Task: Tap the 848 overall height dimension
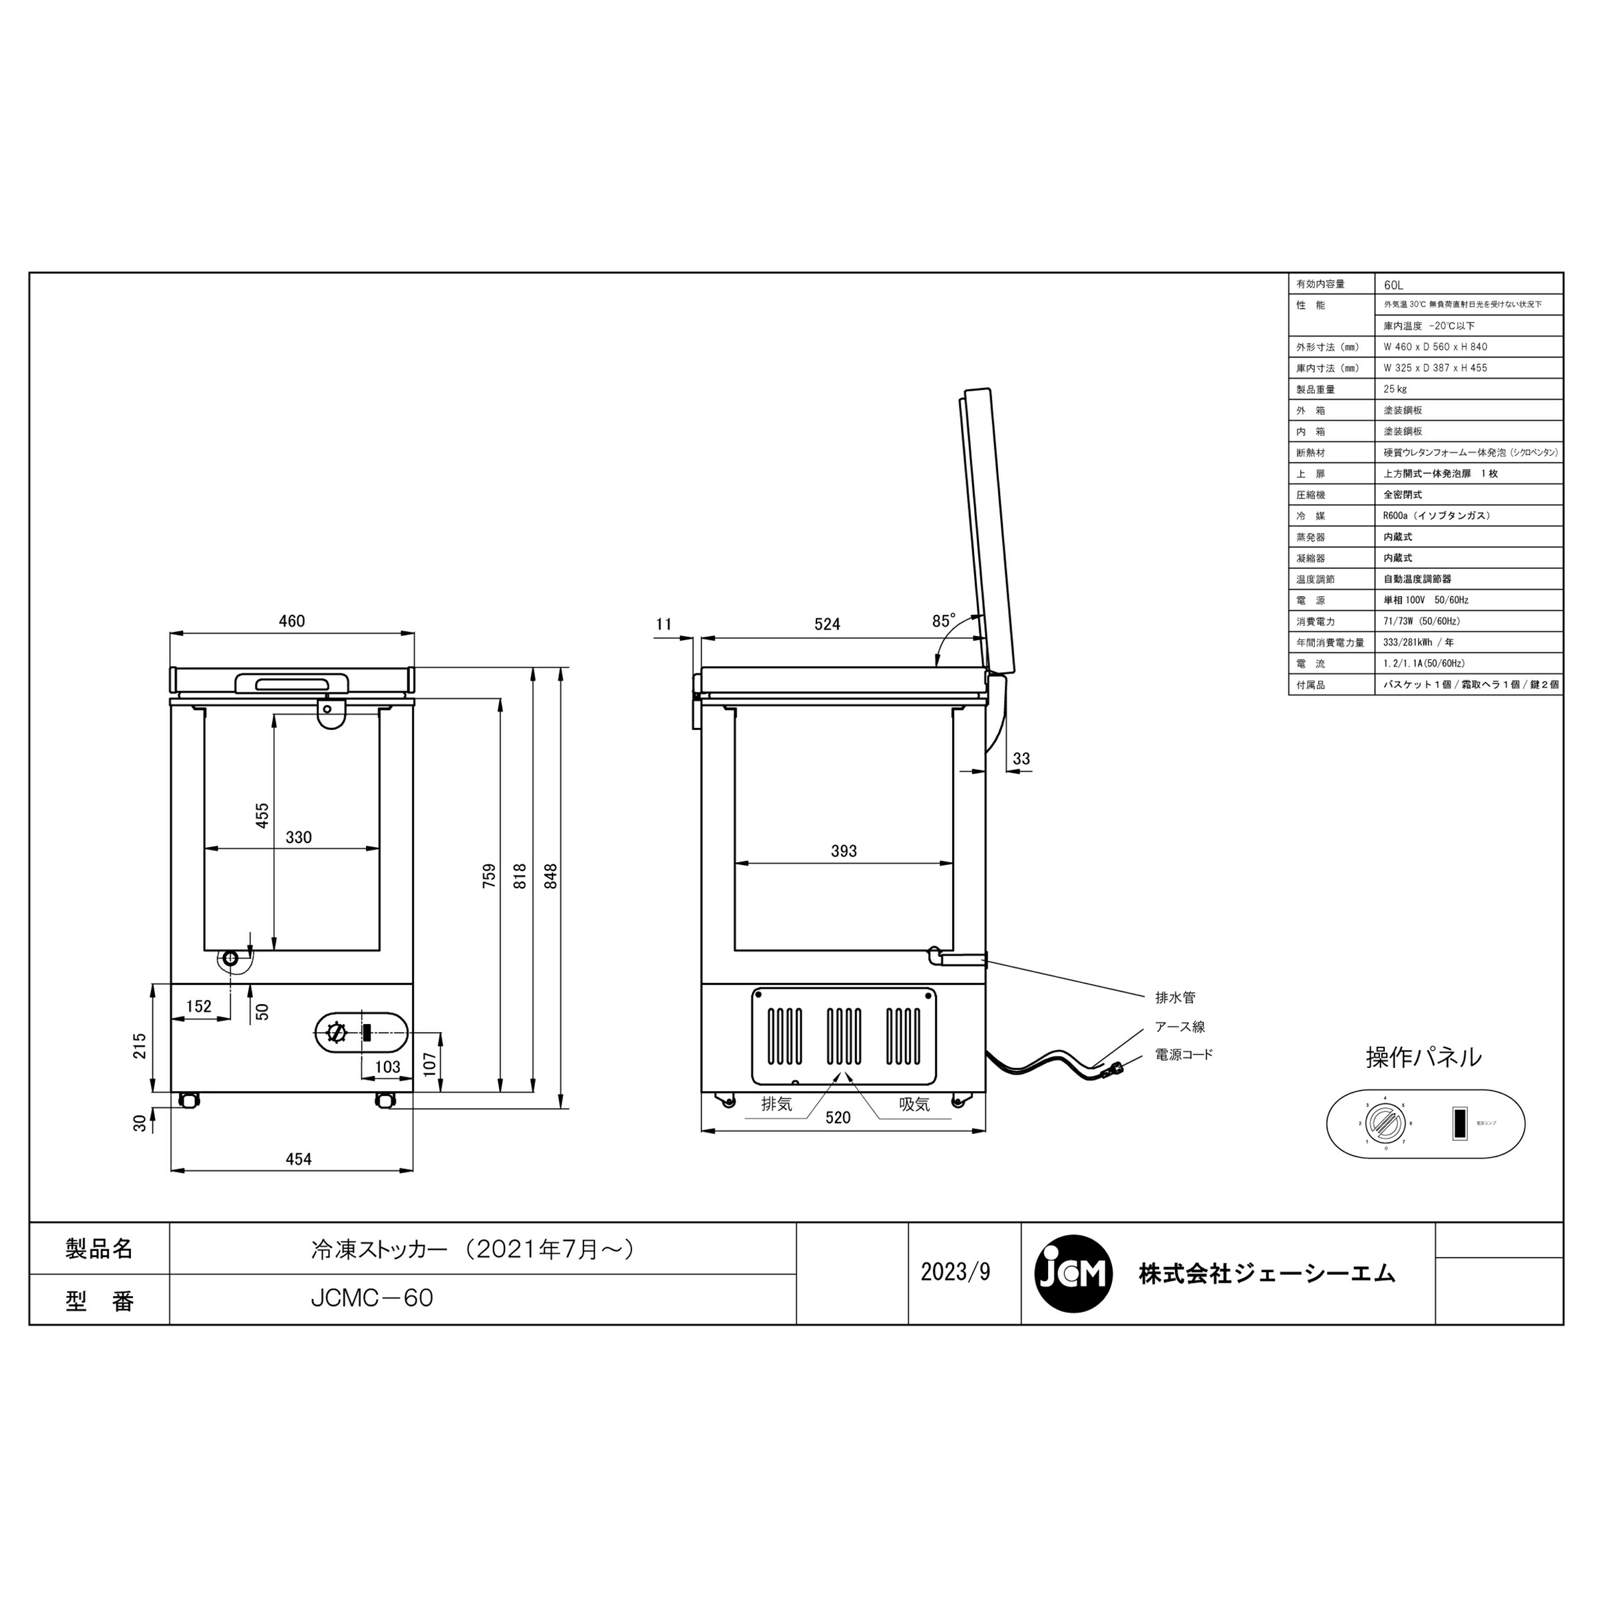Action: pos(552,876)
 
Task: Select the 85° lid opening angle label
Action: pos(943,621)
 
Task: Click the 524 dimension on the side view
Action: pos(826,624)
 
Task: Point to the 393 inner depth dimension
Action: pos(843,850)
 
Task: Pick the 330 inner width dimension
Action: pos(298,836)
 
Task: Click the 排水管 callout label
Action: pos(1174,997)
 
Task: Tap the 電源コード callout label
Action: pos(1184,1055)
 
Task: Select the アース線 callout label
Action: pos(1180,1027)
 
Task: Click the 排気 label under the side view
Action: pos(776,1103)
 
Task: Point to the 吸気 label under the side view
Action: pos(914,1103)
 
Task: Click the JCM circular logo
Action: pos(1073,1274)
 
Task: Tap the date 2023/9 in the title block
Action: pos(955,1272)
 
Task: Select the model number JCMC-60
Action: pos(372,1298)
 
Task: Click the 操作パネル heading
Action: pos(1423,1057)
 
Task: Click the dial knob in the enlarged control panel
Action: pos(1383,1123)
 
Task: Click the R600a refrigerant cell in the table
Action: pos(1437,515)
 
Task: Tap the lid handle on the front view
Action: pos(292,683)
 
